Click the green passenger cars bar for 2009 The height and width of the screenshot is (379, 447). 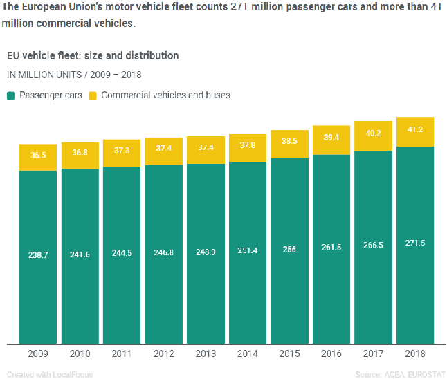point(38,290)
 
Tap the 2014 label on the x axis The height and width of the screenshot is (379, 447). point(248,353)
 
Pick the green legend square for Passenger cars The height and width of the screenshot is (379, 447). point(11,95)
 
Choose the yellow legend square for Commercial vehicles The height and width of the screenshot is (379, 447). point(93,95)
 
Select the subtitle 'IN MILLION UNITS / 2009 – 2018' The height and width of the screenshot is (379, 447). point(75,74)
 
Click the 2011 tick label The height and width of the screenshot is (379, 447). point(122,353)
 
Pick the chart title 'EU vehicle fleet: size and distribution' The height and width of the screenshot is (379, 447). point(93,55)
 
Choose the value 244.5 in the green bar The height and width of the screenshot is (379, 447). point(122,253)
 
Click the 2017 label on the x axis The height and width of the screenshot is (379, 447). point(373,353)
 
